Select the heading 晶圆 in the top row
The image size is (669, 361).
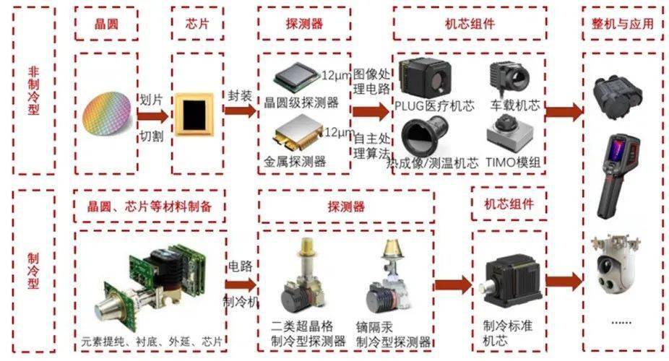pos(106,23)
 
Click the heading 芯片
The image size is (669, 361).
pos(189,23)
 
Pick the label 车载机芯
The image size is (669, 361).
pos(514,105)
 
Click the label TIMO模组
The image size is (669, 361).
pos(515,162)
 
